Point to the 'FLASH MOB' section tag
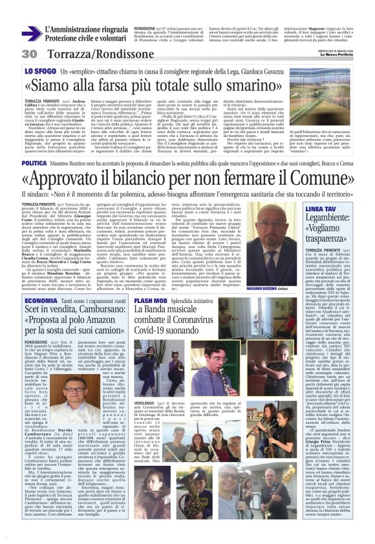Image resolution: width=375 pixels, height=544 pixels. tap(152, 300)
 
